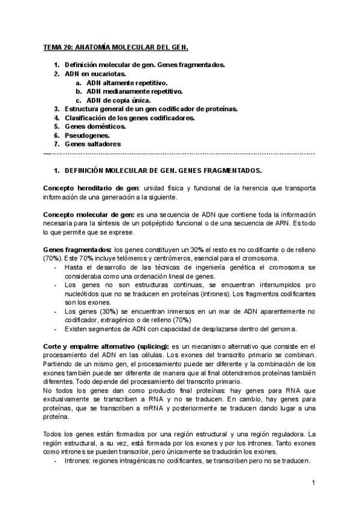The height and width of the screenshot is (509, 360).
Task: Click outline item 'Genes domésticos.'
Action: pyautogui.click(x=95, y=127)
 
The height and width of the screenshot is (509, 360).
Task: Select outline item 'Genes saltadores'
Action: pyautogui.click(x=92, y=145)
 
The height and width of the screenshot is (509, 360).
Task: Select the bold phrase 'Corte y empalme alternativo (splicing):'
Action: pyautogui.click(x=106, y=347)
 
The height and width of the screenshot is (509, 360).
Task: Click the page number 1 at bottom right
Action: pyautogui.click(x=313, y=483)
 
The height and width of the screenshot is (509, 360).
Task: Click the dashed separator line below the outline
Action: pyautogui.click(x=180, y=154)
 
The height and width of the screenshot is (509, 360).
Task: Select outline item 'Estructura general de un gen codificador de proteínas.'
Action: pyautogui.click(x=151, y=109)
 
